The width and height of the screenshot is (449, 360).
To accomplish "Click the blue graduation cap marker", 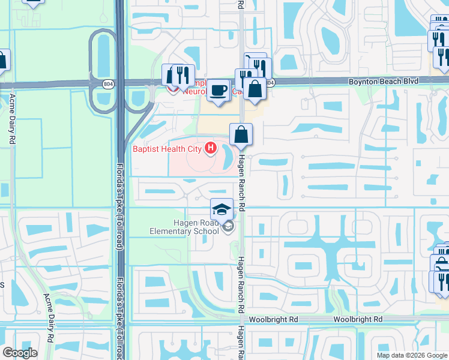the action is [221, 209].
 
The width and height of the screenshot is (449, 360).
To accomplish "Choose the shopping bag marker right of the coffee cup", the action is [255, 89].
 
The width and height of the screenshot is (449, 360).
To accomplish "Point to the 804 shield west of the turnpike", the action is [107, 83].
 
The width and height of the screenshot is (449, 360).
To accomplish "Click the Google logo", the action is [20, 353].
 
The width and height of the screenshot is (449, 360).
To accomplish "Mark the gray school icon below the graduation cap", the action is [228, 227].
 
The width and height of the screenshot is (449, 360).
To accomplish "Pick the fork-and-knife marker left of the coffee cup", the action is [182, 76].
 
